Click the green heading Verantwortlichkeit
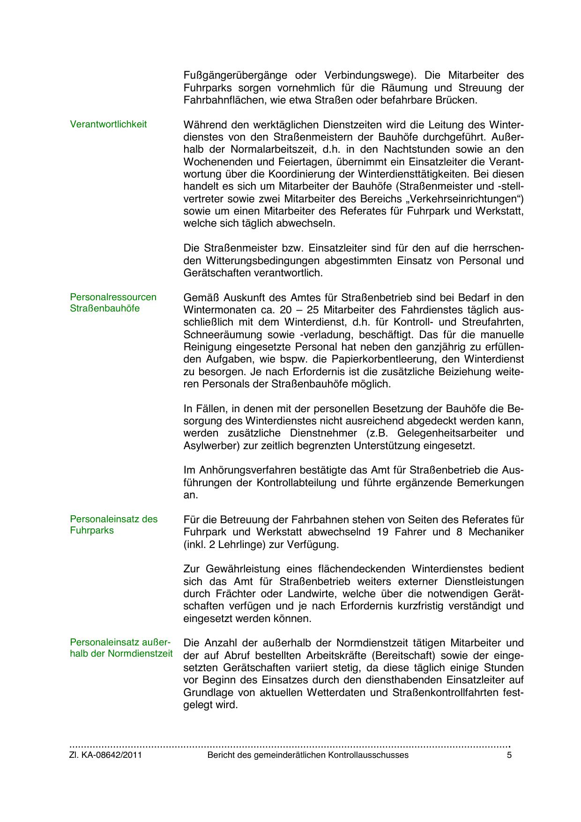click(108, 124)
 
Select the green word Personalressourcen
click(113, 297)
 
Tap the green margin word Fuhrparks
click(92, 531)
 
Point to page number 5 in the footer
click(509, 755)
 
